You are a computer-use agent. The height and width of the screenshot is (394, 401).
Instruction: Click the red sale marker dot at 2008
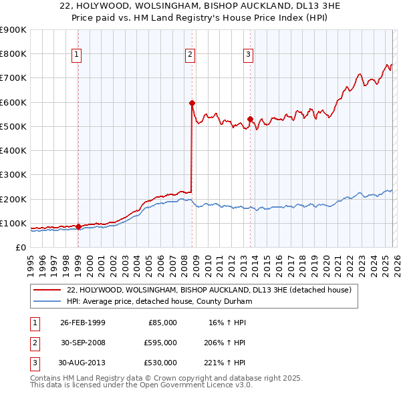[x=192, y=103]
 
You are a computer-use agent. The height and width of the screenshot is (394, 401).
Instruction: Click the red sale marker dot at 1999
[x=78, y=226]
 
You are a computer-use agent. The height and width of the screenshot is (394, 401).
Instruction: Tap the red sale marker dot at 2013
[x=250, y=119]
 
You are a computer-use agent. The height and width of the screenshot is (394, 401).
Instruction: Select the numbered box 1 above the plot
[x=78, y=55]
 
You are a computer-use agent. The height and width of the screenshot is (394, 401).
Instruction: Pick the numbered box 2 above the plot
[x=190, y=55]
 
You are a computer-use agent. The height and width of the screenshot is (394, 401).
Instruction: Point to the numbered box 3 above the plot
[x=249, y=55]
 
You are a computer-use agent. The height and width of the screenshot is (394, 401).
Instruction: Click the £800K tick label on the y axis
[x=13, y=54]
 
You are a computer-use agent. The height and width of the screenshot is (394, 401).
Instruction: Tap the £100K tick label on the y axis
[x=13, y=223]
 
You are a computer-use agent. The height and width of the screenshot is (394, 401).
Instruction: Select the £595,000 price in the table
[x=160, y=342]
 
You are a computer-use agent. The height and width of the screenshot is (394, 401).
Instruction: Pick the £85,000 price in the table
[x=162, y=323]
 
